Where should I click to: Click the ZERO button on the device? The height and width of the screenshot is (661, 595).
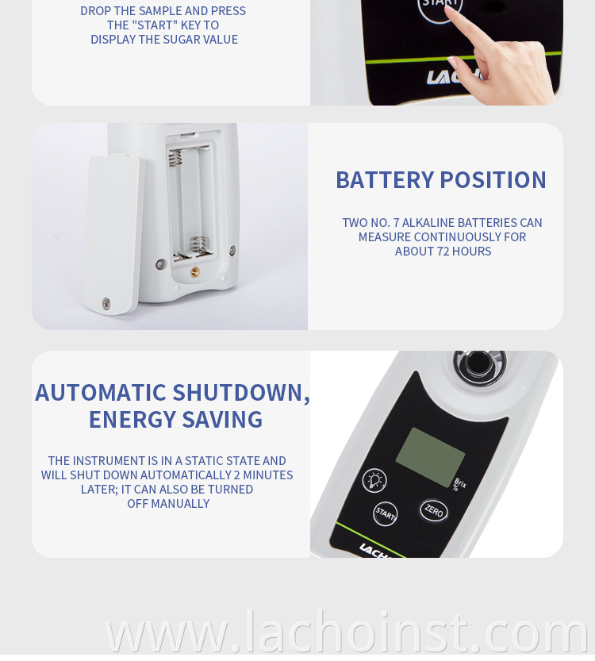[x=434, y=510]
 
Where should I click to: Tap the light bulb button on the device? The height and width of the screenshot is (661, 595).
[x=374, y=480]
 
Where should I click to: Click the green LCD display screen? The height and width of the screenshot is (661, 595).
[x=430, y=457]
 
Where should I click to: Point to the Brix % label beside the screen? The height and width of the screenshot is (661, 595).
[x=459, y=485]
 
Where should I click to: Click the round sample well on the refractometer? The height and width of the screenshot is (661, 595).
[x=479, y=363]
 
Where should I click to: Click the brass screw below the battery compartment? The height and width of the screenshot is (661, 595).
[x=194, y=272]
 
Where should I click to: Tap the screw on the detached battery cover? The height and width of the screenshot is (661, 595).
[x=106, y=302]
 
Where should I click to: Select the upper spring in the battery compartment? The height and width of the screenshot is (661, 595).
[x=175, y=158]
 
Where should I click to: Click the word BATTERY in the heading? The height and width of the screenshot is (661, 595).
[x=385, y=180]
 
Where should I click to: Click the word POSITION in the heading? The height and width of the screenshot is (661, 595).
[x=493, y=180]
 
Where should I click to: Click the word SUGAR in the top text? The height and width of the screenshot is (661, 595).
[x=182, y=40]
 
